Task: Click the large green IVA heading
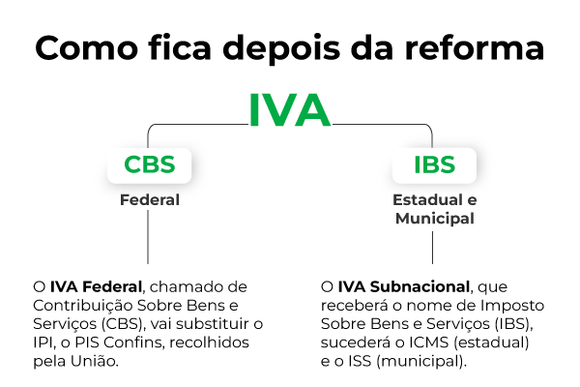pyautogui.click(x=289, y=111)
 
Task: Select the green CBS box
pyautogui.click(x=149, y=164)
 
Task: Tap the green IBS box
pyautogui.click(x=432, y=164)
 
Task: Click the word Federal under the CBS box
pyautogui.click(x=149, y=200)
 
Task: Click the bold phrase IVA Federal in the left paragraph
pyautogui.click(x=96, y=287)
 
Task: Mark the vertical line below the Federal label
pyautogui.click(x=149, y=237)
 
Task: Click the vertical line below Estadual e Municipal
pyautogui.click(x=432, y=247)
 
